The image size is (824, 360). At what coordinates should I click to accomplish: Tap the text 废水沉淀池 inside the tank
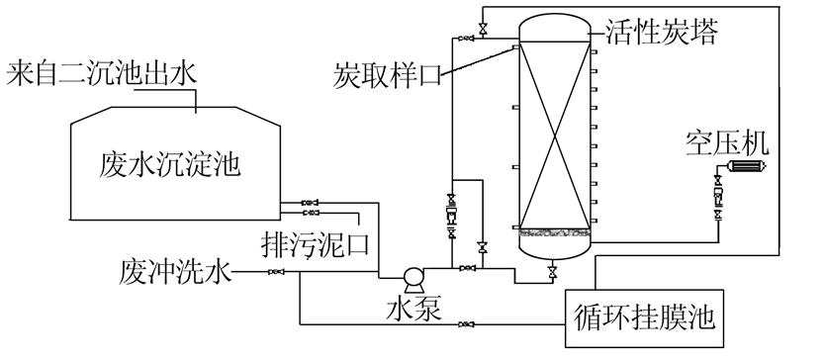point(170,163)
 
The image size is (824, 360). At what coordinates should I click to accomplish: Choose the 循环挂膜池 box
point(643,317)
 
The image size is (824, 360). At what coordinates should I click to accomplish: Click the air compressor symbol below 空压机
point(735,169)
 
